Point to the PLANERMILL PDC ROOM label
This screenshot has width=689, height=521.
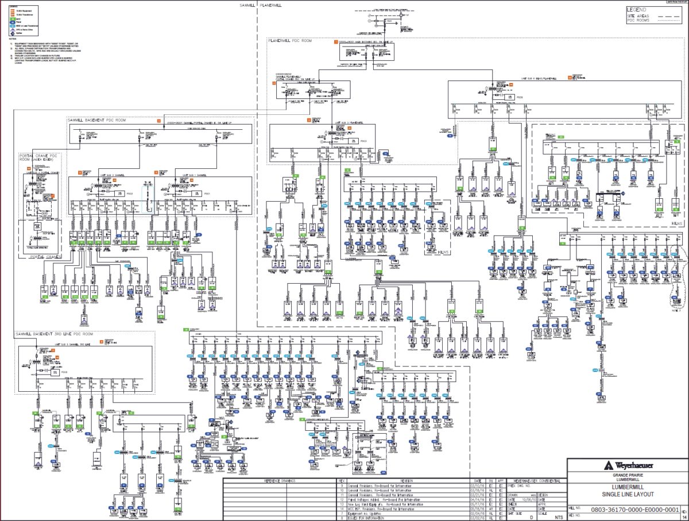pos(295,41)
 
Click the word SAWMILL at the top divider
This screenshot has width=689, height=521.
pos(249,5)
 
